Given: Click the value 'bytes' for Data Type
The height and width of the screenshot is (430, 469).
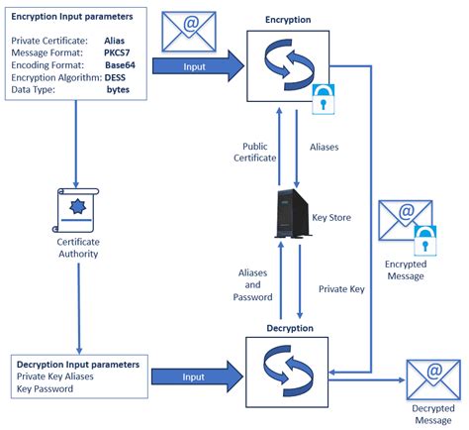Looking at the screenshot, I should [x=120, y=88].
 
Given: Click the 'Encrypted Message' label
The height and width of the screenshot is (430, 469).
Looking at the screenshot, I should [x=406, y=269].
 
